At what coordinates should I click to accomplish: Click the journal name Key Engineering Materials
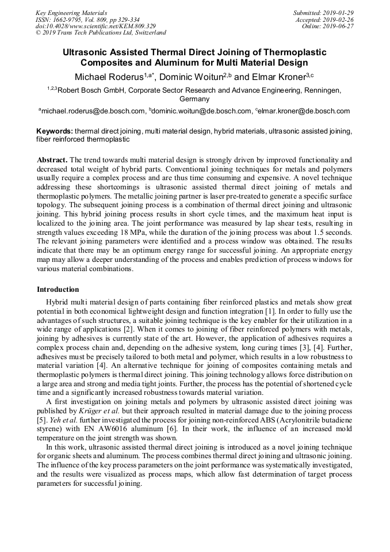72,12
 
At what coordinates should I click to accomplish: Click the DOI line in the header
95,26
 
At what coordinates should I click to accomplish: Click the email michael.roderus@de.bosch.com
93,111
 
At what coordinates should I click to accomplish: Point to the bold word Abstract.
52,159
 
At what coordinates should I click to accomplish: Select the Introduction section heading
58,289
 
